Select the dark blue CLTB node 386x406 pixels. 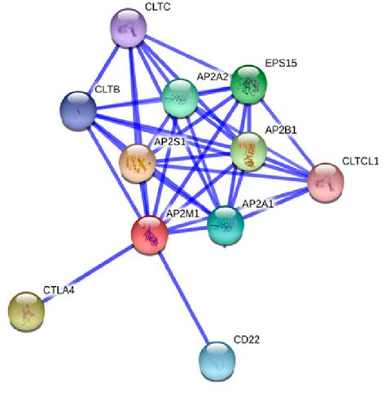click(79, 108)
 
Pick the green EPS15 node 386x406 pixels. click(249, 84)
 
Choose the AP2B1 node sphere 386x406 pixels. click(248, 151)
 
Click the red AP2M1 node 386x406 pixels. click(150, 234)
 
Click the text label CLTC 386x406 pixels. click(158, 7)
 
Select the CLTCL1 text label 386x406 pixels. click(360, 161)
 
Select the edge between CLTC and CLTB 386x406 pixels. click(103, 68)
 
